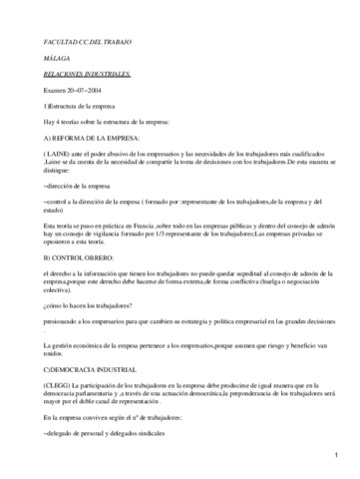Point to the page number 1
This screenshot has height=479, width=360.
point(338,457)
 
